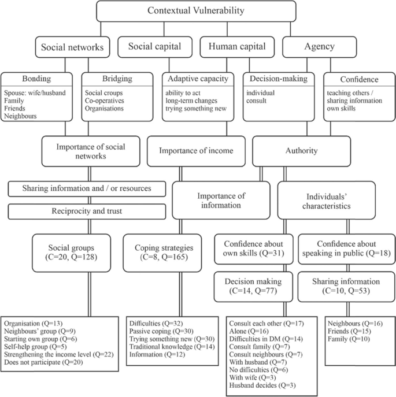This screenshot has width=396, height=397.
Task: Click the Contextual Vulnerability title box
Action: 196,11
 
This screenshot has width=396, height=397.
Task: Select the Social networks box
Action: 73,47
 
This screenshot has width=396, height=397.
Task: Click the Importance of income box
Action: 196,151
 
